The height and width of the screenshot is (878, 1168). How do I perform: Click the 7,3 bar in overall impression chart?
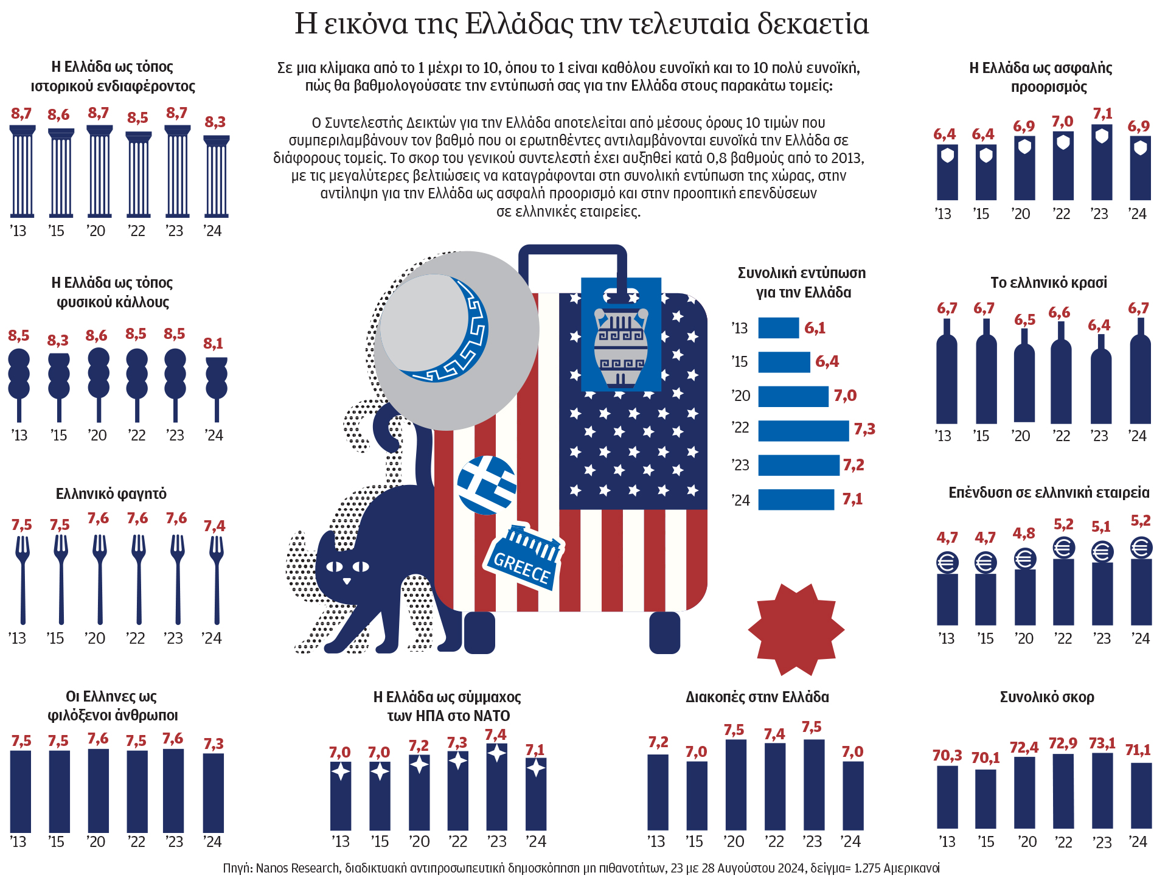pyautogui.click(x=803, y=430)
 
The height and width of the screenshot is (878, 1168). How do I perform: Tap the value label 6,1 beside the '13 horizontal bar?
pyautogui.click(x=815, y=328)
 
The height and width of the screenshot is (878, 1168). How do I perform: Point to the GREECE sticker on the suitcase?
pyautogui.click(x=523, y=558)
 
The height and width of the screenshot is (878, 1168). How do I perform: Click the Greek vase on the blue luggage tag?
pyautogui.click(x=620, y=347)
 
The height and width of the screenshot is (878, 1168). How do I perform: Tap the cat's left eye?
pyautogui.click(x=334, y=566)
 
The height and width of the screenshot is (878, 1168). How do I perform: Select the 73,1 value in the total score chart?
pyautogui.click(x=1102, y=743)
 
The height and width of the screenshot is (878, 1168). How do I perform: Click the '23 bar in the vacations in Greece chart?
pyautogui.click(x=814, y=785)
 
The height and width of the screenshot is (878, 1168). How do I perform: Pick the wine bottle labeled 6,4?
pyautogui.click(x=1101, y=383)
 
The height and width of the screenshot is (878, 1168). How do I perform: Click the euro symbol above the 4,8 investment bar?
pyautogui.click(x=1024, y=558)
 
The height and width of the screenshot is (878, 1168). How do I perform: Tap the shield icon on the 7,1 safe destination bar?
pyautogui.click(x=1102, y=136)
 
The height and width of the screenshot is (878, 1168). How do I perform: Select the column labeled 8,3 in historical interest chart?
pyautogui.click(x=216, y=176)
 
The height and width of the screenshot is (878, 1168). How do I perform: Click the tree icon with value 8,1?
pyautogui.click(x=216, y=383)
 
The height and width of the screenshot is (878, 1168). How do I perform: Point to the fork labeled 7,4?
pyautogui.click(x=216, y=578)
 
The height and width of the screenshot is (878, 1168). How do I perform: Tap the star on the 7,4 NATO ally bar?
pyautogui.click(x=497, y=753)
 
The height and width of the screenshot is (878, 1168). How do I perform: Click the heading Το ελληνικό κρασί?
pyautogui.click(x=1048, y=282)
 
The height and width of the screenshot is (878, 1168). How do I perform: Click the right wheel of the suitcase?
pyautogui.click(x=664, y=633)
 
